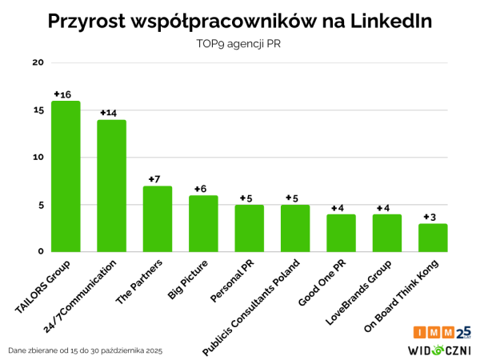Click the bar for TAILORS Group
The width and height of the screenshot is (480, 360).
point(66,176)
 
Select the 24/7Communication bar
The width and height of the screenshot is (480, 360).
point(111,186)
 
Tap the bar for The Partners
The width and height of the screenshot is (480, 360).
point(158,218)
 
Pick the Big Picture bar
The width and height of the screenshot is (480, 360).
point(203,223)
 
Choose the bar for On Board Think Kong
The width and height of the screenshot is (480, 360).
point(433,238)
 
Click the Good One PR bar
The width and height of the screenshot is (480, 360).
point(341,233)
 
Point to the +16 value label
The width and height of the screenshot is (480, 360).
point(62,94)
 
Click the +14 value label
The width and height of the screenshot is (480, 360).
point(109,113)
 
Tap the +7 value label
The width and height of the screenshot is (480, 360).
point(155,179)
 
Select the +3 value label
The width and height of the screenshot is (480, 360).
point(430,217)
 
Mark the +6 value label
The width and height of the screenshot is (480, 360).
point(201,189)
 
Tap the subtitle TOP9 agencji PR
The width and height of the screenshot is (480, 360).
point(239,45)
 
